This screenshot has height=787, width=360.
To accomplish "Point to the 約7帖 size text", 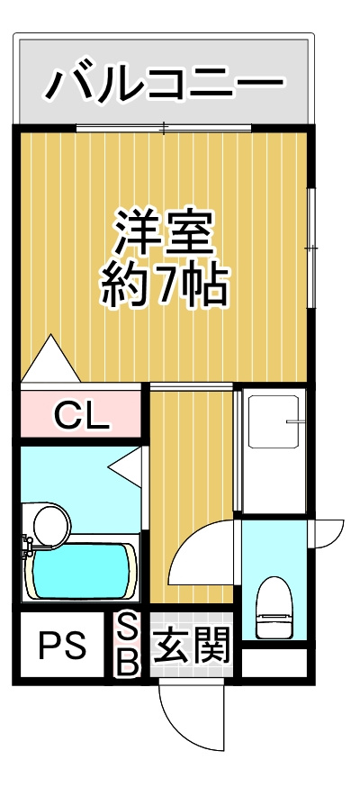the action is pyautogui.click(x=164, y=285).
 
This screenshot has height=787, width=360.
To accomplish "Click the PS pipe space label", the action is pyautogui.click(x=63, y=644).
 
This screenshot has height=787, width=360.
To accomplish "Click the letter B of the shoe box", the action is pyautogui.click(x=127, y=661).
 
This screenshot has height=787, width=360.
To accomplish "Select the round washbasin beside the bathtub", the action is pyautogui.click(x=51, y=524).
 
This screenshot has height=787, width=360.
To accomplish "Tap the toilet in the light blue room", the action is pyautogui.click(x=274, y=607).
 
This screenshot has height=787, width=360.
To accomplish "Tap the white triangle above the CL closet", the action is pyautogui.click(x=50, y=359).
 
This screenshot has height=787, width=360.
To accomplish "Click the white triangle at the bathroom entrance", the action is pyautogui.click(x=125, y=466).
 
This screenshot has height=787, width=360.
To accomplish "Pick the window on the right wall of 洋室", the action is pyautogui.click(x=311, y=248).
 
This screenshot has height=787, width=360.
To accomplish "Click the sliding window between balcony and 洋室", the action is pyautogui.click(x=164, y=129).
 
